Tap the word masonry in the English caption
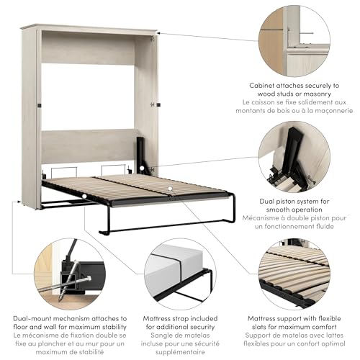[317, 94]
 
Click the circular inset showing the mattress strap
[180, 274]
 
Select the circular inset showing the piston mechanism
[294, 157]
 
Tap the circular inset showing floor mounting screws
[69, 274]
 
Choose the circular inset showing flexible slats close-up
[294, 274]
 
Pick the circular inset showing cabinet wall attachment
[294, 41]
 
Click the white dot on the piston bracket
[142, 168]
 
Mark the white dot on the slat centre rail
[170, 189]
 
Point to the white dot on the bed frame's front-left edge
[84, 197]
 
